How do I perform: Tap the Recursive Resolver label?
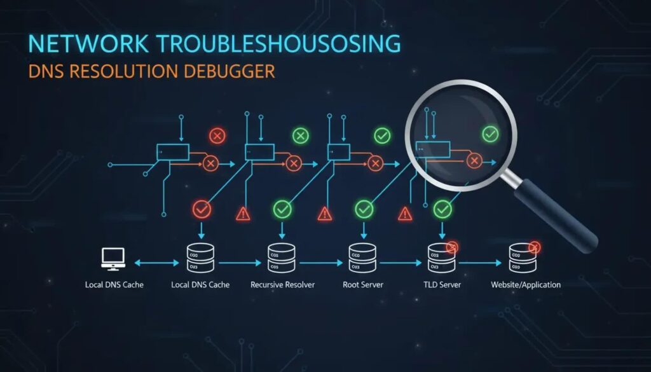click(x=282, y=284)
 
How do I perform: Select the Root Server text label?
click(x=363, y=284)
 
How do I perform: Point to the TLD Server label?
click(x=442, y=284)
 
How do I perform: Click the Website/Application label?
click(x=526, y=284)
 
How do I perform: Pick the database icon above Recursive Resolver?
click(x=282, y=258)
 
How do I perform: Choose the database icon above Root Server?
click(x=363, y=258)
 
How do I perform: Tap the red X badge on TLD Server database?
click(x=453, y=246)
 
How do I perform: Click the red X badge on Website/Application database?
click(x=534, y=246)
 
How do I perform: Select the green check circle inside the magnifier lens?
click(x=490, y=134)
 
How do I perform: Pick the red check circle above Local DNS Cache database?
click(x=202, y=209)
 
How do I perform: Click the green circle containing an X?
click(x=300, y=135)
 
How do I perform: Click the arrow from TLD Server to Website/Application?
click(x=482, y=261)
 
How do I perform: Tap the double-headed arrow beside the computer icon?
click(x=155, y=261)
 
